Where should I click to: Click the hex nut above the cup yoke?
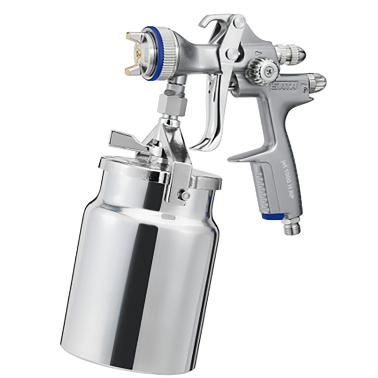pyautogui.click(x=171, y=103)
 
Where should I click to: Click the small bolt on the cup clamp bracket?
pyautogui.click(x=182, y=195)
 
